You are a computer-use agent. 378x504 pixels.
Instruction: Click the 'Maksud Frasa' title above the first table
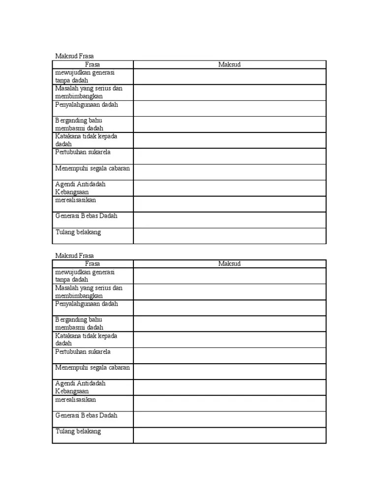74,57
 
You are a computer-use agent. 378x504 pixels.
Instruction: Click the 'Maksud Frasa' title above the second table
74,256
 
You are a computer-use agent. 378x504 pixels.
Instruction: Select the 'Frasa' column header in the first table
93,64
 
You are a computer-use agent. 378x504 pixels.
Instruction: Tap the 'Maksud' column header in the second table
229,264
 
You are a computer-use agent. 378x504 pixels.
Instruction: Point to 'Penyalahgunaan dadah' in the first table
87,105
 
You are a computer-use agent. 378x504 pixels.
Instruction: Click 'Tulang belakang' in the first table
78,232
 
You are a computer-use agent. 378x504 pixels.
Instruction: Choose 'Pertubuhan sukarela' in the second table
83,352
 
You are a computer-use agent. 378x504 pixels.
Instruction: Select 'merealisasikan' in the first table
76,200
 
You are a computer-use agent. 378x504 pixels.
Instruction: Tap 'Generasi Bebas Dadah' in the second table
87,415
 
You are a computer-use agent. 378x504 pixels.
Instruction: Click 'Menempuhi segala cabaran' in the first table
93,168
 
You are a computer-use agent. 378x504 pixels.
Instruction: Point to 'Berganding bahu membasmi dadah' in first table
79,124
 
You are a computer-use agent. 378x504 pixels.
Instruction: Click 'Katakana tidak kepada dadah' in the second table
86,340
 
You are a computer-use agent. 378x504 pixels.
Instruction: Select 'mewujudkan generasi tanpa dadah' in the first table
85,76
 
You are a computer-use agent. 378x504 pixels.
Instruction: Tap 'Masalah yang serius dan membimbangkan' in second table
89,292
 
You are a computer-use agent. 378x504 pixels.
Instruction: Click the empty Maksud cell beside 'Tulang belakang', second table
229,435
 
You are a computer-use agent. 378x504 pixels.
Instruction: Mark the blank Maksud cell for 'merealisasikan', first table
229,204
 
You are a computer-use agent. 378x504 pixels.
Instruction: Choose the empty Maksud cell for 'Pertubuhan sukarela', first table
229,156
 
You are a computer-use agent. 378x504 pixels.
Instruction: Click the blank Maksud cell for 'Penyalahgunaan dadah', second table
229,308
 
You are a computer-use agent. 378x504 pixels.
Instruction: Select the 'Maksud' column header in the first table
229,64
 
